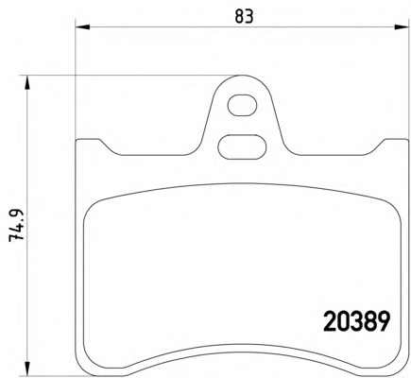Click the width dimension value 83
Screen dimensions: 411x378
pos(244,16)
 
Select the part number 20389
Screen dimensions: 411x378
pos(357,321)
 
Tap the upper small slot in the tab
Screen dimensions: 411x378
pos(242,105)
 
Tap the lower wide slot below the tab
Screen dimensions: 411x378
pos(242,146)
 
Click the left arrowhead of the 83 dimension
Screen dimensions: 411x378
pos(83,26)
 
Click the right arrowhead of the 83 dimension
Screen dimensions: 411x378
pos(402,26)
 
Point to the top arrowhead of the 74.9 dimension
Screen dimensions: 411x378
pos(28,82)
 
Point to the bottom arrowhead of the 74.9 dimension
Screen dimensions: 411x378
pos(28,369)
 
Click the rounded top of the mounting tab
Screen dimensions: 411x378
pos(242,76)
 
